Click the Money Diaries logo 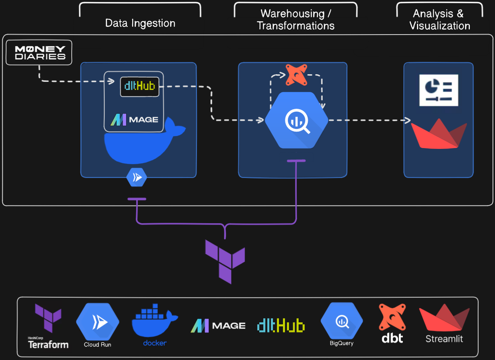click(39, 52)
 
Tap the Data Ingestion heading click(140, 23)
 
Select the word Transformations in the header click(295, 26)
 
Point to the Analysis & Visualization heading click(439, 20)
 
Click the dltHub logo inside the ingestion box click(140, 86)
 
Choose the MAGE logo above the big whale click(134, 120)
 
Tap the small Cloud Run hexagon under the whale click(137, 178)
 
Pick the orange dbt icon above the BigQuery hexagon click(296, 74)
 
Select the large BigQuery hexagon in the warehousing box click(296, 120)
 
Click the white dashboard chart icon click(438, 90)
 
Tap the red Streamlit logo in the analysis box click(439, 134)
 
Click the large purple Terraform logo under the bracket click(225, 261)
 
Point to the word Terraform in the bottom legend click(48, 345)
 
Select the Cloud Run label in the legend click(98, 345)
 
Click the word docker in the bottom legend click(155, 343)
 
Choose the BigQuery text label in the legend click(341, 343)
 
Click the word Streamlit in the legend click(444, 338)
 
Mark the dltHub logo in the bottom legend click(281, 325)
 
